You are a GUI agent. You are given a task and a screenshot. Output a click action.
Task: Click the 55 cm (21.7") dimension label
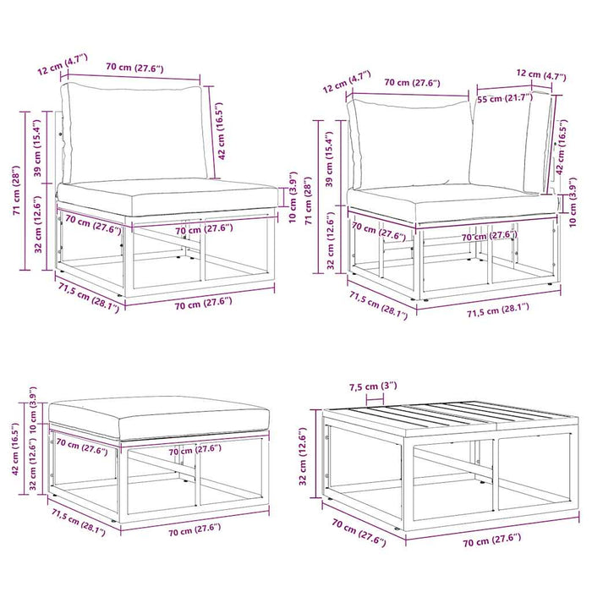pyautogui.click(x=505, y=98)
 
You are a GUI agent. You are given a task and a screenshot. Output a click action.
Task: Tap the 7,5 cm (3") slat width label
pyautogui.click(x=373, y=386)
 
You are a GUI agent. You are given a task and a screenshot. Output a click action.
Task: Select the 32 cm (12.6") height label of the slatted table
pyautogui.click(x=303, y=457)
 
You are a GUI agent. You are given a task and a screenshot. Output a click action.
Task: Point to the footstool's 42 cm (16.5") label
pyautogui.click(x=15, y=448)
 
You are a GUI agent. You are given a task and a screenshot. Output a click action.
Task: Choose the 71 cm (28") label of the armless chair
pyautogui.click(x=17, y=190)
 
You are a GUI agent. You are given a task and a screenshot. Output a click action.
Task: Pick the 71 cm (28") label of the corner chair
pyautogui.click(x=309, y=200)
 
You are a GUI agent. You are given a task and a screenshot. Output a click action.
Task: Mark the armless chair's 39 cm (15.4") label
pyautogui.click(x=37, y=148)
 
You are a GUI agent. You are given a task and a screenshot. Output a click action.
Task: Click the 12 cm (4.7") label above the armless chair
pyautogui.click(x=63, y=64)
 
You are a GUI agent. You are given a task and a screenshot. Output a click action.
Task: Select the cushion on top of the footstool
pyautogui.click(x=159, y=417)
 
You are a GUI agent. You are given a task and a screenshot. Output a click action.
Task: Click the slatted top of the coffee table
pyautogui.click(x=451, y=415)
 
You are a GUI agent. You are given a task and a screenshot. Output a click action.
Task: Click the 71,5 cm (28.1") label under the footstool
pyautogui.click(x=79, y=523)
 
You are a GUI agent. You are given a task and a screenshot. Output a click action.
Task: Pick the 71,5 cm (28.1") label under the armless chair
pyautogui.click(x=89, y=298)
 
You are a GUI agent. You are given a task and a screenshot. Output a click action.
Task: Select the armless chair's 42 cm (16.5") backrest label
pyautogui.click(x=222, y=130)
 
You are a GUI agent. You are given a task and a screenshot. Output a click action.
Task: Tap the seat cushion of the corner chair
pyautogui.click(x=453, y=204)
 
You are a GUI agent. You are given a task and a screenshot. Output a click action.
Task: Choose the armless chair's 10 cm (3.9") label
pyautogui.click(x=293, y=197)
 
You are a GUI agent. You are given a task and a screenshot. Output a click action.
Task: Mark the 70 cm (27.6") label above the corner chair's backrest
pyautogui.click(x=413, y=83)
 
